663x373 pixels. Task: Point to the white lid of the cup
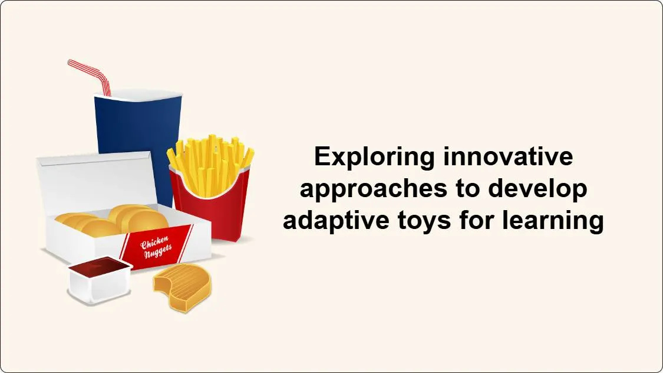(138, 94)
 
